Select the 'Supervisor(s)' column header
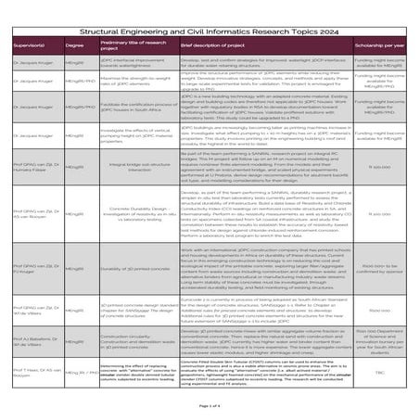point(25,44)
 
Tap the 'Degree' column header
point(75,44)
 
